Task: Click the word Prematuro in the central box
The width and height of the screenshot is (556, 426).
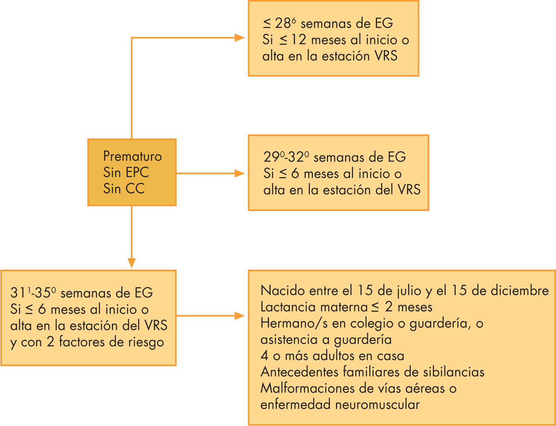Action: point(132,156)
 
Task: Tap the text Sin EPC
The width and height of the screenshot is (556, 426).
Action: point(126,173)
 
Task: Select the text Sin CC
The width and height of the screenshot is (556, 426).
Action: point(124,189)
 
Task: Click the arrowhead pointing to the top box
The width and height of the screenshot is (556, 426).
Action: point(240,38)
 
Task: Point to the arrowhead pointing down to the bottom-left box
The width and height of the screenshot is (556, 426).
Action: point(132,263)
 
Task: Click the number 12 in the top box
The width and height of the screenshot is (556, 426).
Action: point(298,40)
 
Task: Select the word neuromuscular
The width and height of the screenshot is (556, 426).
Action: point(377,404)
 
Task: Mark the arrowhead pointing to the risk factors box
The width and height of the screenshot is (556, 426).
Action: point(240,316)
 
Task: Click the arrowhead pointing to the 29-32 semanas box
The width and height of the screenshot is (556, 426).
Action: point(240,173)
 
